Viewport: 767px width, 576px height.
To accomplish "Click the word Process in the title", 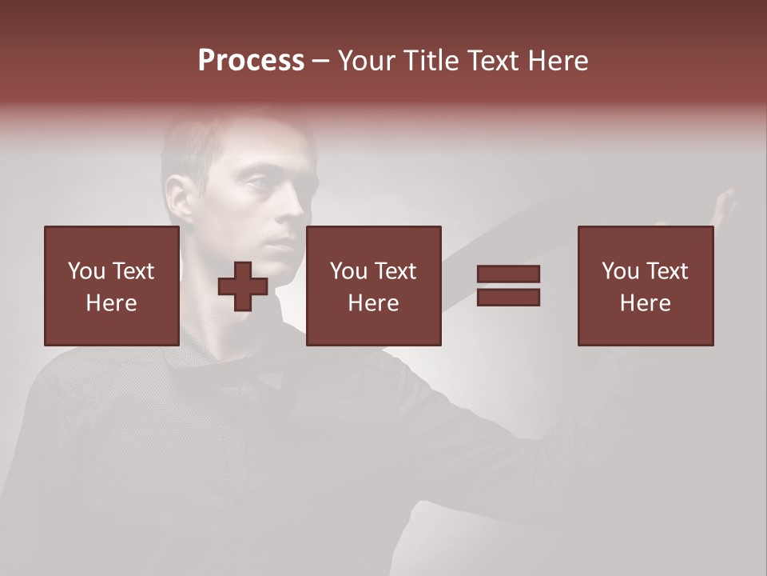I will (x=251, y=61).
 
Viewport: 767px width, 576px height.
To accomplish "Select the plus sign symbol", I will (x=243, y=286).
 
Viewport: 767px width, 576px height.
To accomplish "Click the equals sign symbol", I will (x=508, y=286).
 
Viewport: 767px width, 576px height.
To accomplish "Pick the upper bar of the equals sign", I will (x=508, y=274).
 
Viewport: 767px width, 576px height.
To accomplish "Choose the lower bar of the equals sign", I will (x=508, y=297).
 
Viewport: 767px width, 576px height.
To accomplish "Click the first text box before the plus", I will (x=111, y=286).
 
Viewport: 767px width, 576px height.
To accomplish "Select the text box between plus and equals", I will (x=373, y=286).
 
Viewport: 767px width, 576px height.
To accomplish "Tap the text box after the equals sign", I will (x=645, y=286).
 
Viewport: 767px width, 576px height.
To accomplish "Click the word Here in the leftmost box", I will (x=111, y=302).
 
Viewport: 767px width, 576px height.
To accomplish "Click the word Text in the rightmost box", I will (x=667, y=271).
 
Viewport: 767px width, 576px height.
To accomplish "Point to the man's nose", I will (x=292, y=212).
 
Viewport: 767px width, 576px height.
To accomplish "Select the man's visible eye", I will (x=261, y=185).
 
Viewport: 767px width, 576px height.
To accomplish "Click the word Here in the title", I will (x=558, y=61).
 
